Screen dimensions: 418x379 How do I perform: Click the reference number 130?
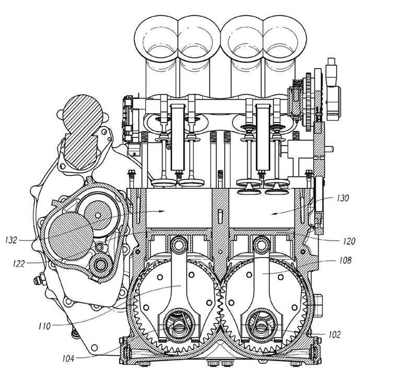[x=343, y=198]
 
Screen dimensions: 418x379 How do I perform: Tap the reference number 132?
[x=11, y=240]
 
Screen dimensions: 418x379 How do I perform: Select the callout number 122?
[x=19, y=264]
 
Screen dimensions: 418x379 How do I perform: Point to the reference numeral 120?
[x=349, y=241]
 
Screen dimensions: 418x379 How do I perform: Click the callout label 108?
[x=345, y=260]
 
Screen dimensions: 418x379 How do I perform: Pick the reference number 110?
[x=44, y=326]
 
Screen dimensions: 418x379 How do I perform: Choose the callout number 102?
[x=334, y=335]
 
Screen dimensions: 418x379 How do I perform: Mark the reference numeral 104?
[x=68, y=359]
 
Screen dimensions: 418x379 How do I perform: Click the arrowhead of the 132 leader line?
[x=162, y=211]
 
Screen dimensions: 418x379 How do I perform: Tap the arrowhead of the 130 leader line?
[x=274, y=213]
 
